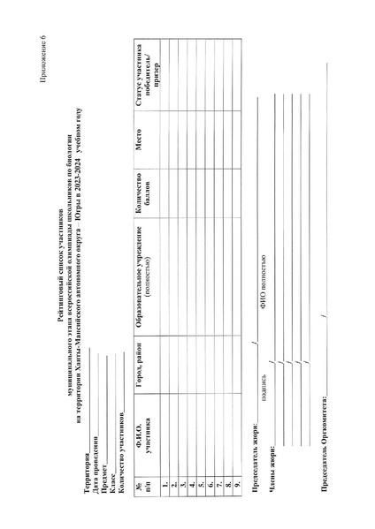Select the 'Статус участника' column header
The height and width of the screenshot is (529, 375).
point(148,74)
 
